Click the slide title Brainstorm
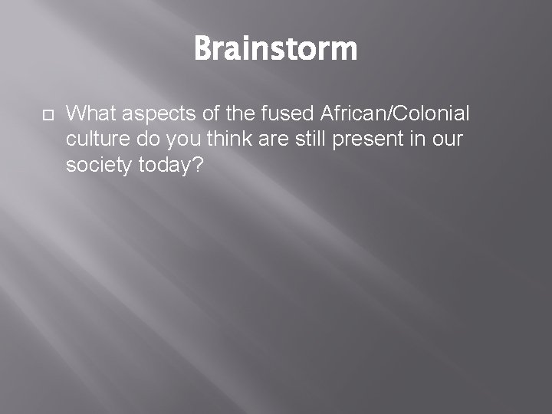pyautogui.click(x=275, y=49)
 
